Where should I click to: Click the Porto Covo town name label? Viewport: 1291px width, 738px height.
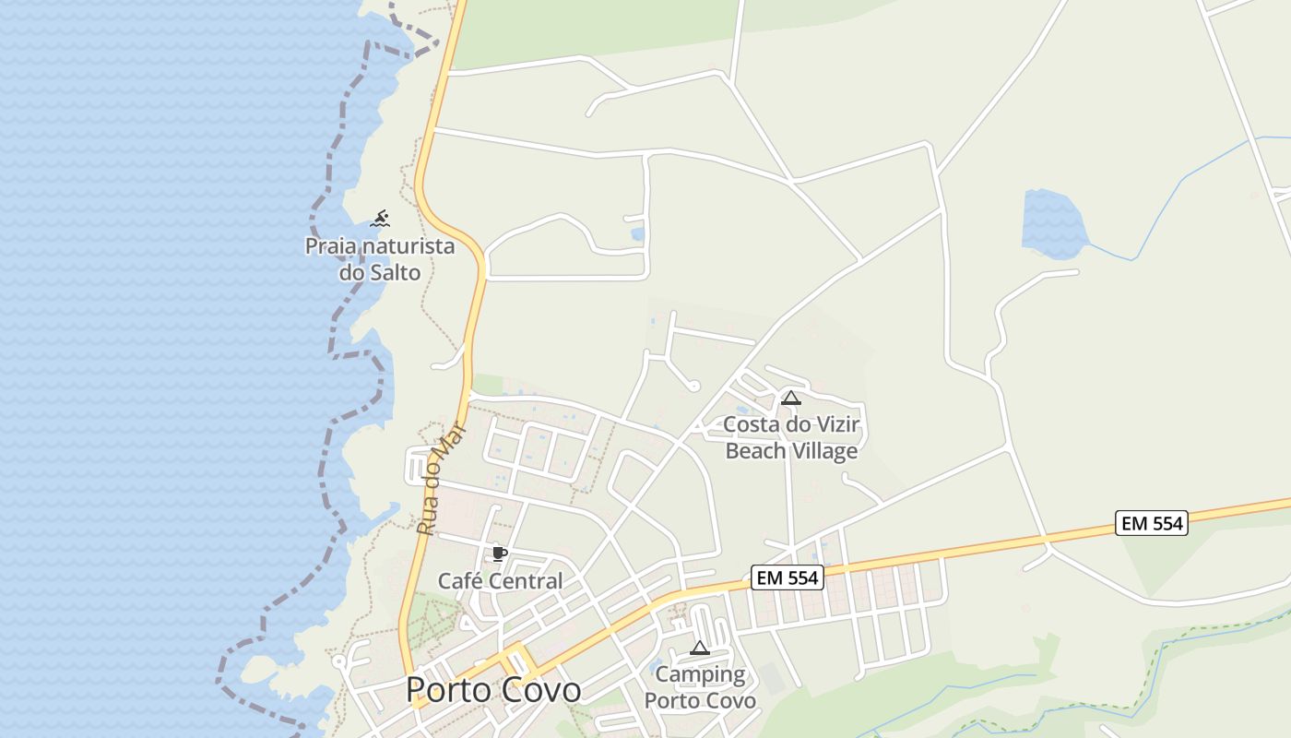point(493,690)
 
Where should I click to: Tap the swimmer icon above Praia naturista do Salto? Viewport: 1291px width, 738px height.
point(380,219)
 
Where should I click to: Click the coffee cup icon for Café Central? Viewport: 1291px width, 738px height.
point(500,553)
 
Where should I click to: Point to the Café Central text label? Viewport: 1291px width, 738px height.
point(500,581)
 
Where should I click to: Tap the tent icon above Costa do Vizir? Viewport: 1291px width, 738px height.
point(790,399)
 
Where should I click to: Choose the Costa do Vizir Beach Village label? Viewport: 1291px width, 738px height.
point(791,438)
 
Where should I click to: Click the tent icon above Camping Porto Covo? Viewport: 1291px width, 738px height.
point(700,648)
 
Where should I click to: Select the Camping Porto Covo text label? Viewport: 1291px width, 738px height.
point(700,687)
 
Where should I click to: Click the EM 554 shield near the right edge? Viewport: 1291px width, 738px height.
point(1151,523)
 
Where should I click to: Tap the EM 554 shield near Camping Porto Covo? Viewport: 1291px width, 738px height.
point(787,577)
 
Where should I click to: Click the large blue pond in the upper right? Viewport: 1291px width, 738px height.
point(1054,224)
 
